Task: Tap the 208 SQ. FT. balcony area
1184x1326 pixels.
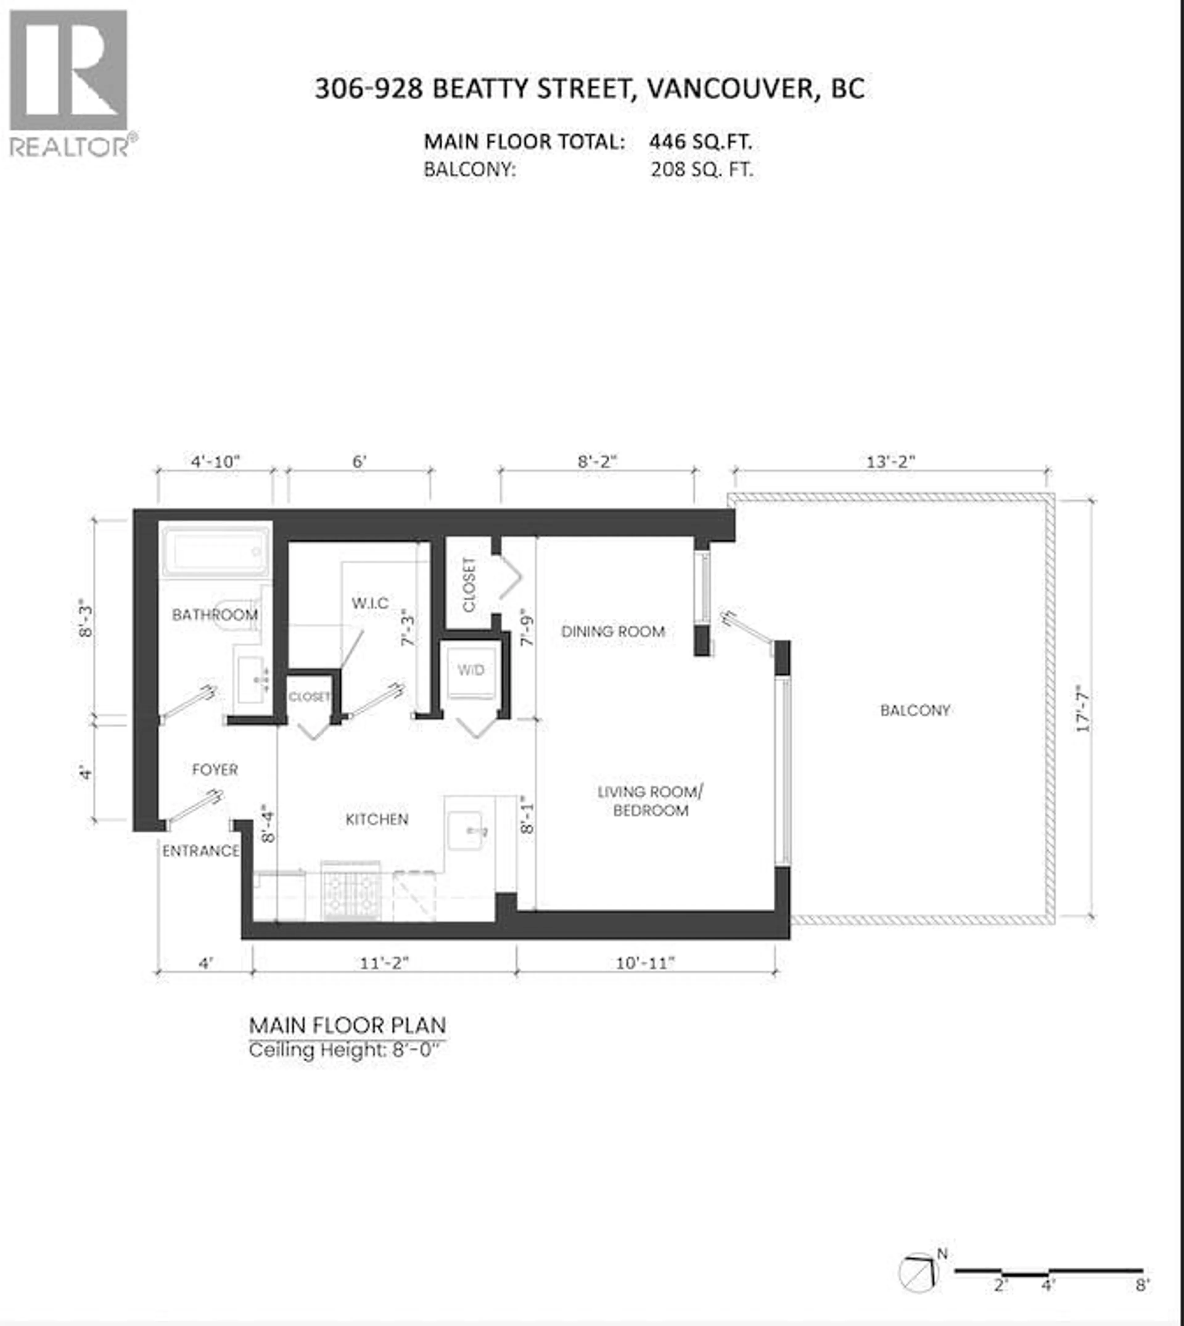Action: click(701, 170)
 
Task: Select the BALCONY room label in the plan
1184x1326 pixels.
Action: click(915, 710)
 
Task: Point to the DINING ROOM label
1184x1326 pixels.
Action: click(613, 632)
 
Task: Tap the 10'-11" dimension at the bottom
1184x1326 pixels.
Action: click(645, 963)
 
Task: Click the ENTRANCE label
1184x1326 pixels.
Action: click(200, 851)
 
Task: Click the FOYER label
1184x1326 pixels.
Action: click(215, 769)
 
